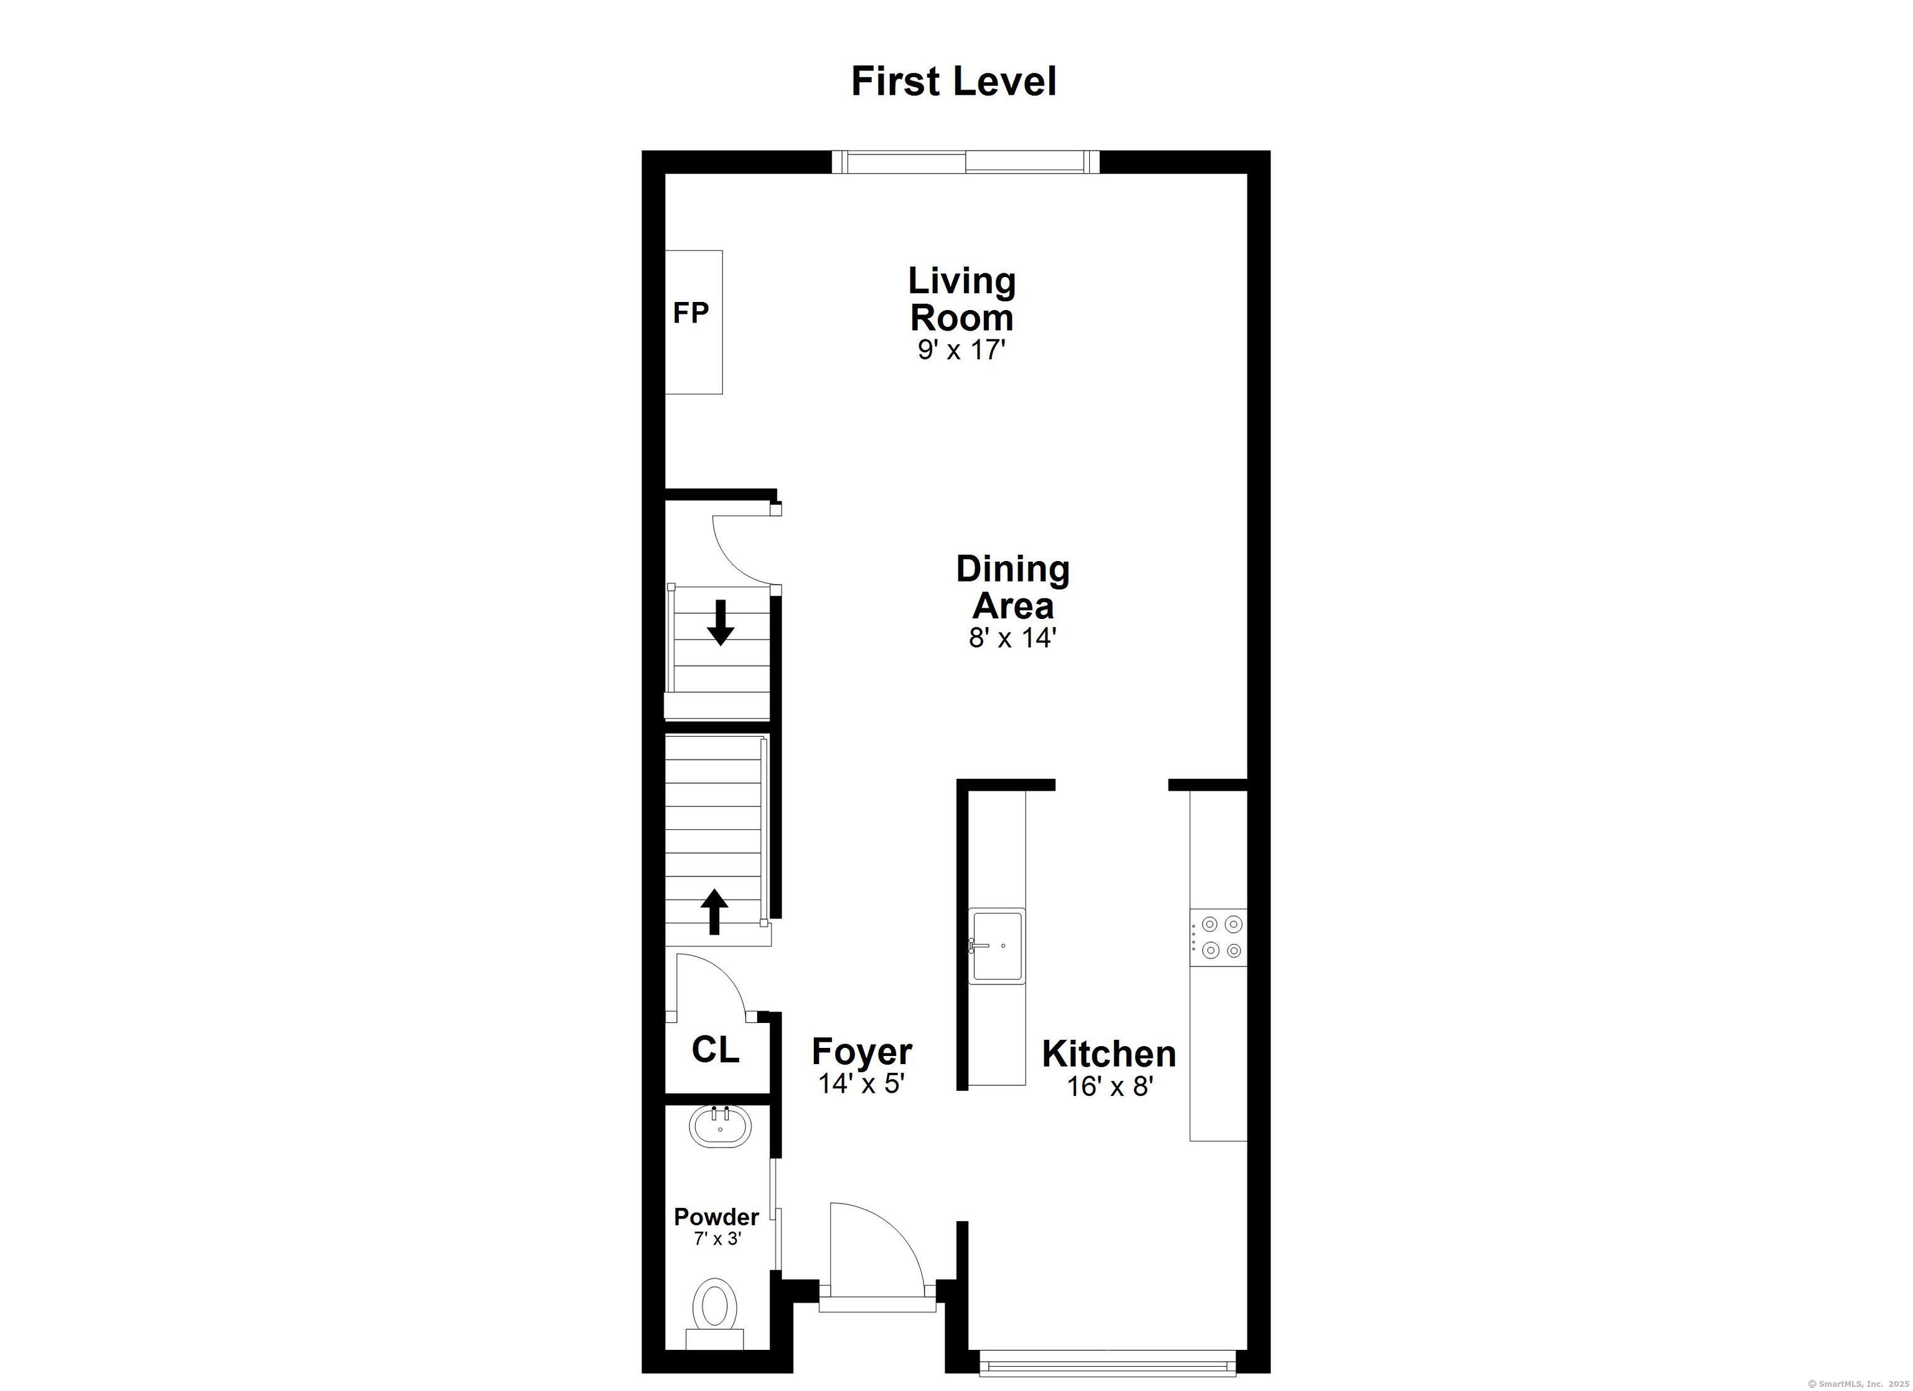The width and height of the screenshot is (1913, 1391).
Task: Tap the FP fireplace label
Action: [690, 314]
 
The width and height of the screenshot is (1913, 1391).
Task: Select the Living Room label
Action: [961, 299]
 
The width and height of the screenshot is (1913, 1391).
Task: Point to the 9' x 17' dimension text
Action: [961, 349]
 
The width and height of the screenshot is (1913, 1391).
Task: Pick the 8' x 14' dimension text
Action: [1011, 638]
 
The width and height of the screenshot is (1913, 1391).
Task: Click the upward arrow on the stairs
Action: [714, 911]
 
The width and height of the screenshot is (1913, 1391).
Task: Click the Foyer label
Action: [861, 1052]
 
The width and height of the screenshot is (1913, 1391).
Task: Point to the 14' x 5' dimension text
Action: [861, 1084]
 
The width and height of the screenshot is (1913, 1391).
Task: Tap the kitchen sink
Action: [996, 946]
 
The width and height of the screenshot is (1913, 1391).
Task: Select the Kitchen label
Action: [1108, 1054]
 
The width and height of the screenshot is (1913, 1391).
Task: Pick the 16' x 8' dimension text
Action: [1109, 1087]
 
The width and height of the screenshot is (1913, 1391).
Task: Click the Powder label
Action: [716, 1217]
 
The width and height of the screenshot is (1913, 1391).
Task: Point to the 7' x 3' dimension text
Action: [717, 1239]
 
